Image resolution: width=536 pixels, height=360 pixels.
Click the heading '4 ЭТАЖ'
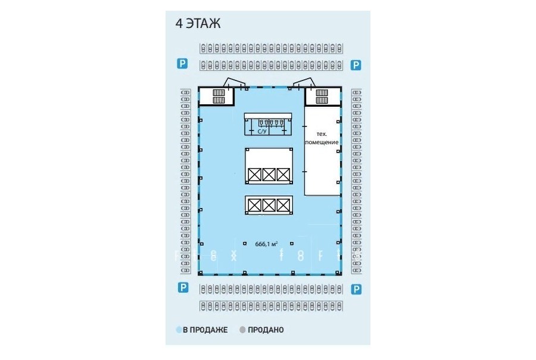click(x=198, y=24)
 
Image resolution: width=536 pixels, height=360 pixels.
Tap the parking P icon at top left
click(x=182, y=63)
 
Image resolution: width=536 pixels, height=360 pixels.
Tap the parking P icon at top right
click(x=356, y=65)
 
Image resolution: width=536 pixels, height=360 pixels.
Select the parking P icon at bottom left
click(x=183, y=287)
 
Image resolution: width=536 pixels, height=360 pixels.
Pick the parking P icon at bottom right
click(x=356, y=290)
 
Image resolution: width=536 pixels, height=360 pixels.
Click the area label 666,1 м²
click(x=266, y=244)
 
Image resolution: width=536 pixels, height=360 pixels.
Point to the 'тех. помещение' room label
click(x=322, y=138)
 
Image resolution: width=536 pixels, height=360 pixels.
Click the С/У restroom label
click(x=262, y=131)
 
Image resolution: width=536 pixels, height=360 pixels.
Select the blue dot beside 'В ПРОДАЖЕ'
click(x=179, y=330)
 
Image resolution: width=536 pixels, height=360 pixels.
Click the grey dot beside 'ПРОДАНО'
click(x=242, y=330)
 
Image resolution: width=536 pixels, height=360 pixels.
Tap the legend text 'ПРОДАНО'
click(x=266, y=330)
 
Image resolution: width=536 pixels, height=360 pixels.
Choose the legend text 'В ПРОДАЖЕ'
click(x=205, y=330)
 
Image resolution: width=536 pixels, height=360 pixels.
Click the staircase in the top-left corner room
click(x=219, y=97)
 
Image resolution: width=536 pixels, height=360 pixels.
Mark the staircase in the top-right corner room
click(x=322, y=97)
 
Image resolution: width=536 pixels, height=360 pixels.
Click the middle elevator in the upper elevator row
click(x=269, y=175)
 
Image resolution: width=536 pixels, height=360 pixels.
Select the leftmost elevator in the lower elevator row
click(x=255, y=205)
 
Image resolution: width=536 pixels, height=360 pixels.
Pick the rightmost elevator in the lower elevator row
click(x=283, y=205)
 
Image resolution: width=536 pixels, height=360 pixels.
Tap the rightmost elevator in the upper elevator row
click(x=283, y=175)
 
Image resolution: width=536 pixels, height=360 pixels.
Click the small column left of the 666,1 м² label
click(x=245, y=244)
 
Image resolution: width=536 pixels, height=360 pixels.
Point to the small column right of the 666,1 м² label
click(x=292, y=244)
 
